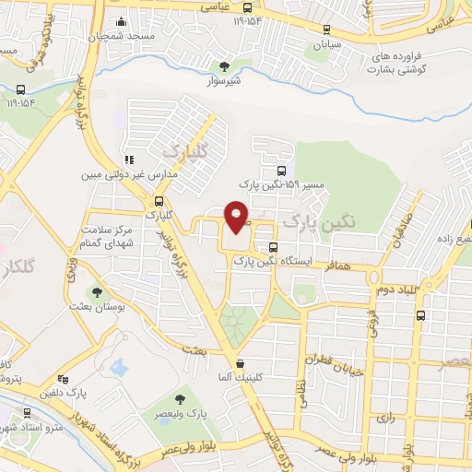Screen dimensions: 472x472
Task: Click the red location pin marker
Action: click(237, 218)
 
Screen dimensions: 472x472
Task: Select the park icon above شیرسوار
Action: click(224, 65)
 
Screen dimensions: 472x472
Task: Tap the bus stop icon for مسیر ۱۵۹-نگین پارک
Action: click(281, 171)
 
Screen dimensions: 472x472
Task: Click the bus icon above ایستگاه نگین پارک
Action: click(272, 247)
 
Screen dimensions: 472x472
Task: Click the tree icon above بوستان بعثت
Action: click(97, 292)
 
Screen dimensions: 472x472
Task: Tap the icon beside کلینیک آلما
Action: click(240, 363)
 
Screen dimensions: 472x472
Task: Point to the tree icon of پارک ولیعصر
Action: click(180, 398)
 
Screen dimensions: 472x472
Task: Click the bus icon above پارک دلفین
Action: click(63, 379)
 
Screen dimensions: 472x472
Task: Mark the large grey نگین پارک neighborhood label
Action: click(318, 222)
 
